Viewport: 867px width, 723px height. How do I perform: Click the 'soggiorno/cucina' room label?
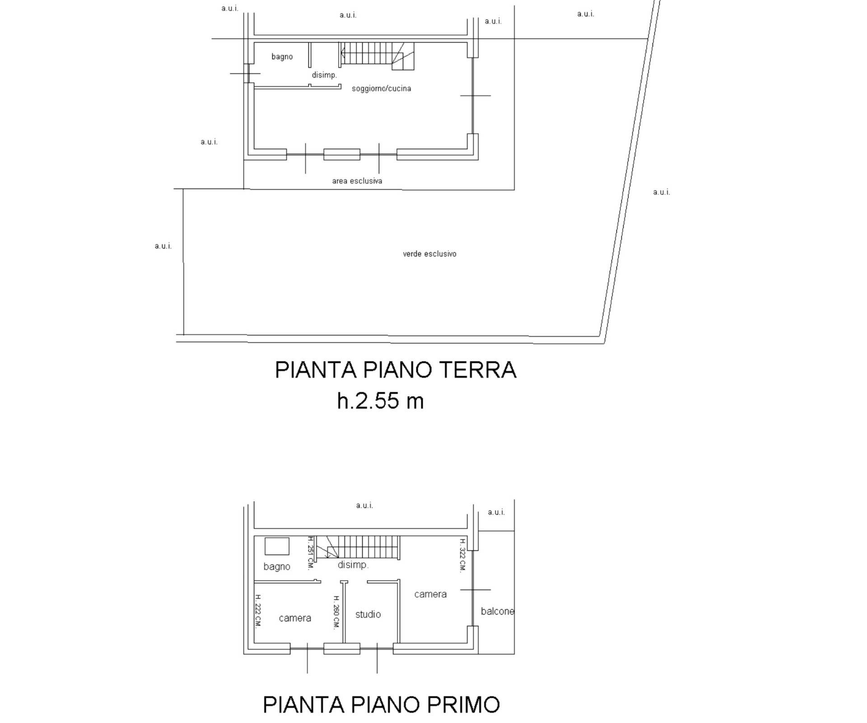click(x=381, y=89)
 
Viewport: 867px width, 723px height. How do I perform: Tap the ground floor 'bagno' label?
click(x=282, y=56)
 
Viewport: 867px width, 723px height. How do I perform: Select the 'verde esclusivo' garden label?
click(x=429, y=254)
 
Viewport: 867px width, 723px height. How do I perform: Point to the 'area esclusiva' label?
click(x=357, y=181)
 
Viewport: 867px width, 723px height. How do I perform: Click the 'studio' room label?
click(x=368, y=614)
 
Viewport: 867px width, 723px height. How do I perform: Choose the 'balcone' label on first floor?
click(x=497, y=611)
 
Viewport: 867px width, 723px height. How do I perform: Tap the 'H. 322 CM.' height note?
click(x=462, y=555)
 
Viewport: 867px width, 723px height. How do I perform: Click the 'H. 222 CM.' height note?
click(x=258, y=611)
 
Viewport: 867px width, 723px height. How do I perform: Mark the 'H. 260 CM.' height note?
click(x=336, y=612)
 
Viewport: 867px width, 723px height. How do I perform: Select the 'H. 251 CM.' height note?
click(x=311, y=552)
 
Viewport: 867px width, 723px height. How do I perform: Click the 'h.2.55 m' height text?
click(x=380, y=401)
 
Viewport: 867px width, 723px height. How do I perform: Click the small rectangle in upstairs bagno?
click(x=277, y=546)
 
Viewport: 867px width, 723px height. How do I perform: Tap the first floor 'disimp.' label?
click(x=353, y=565)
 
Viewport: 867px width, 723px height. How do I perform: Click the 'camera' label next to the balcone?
click(x=430, y=594)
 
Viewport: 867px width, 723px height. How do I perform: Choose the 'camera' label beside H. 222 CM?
click(x=295, y=618)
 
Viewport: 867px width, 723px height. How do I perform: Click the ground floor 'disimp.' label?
click(x=324, y=75)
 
